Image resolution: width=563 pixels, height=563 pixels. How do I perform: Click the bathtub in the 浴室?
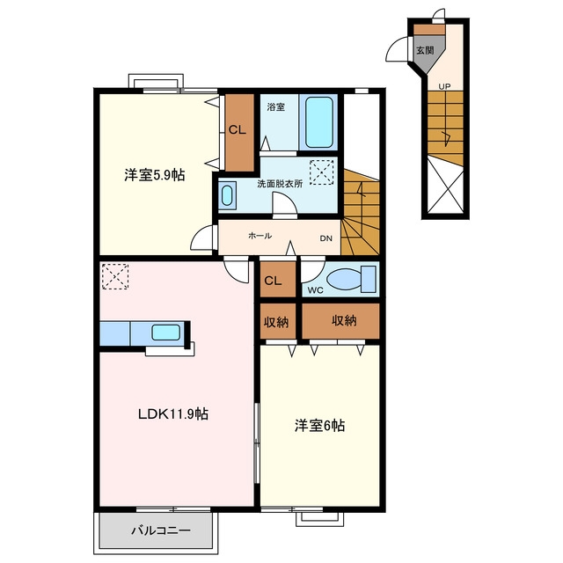[318, 122]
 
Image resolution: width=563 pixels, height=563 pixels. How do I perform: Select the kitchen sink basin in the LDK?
[165, 333]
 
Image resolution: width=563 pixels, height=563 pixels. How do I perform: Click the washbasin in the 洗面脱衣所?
[227, 195]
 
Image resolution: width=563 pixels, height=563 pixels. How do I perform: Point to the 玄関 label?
[425, 50]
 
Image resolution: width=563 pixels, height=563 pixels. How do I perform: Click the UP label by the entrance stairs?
[444, 86]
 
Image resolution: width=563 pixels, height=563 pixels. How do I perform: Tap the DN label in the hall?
[326, 238]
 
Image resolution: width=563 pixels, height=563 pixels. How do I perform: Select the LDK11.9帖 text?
[173, 414]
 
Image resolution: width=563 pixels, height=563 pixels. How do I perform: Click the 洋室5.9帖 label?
[155, 175]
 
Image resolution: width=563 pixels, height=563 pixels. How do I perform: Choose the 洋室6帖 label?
[320, 426]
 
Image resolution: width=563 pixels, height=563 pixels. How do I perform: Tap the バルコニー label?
[160, 530]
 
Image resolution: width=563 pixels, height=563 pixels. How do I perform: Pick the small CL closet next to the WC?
[278, 280]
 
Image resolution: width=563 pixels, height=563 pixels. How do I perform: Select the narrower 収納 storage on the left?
[278, 321]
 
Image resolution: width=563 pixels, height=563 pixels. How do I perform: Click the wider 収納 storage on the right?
[340, 320]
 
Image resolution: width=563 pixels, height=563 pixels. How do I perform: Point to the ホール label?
[260, 236]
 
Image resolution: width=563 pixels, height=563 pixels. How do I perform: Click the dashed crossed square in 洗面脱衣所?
[322, 172]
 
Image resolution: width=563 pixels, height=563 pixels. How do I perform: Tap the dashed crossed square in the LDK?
[115, 276]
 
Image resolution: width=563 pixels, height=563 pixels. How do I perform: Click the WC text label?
[315, 290]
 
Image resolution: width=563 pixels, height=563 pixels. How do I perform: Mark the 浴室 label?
[276, 106]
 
